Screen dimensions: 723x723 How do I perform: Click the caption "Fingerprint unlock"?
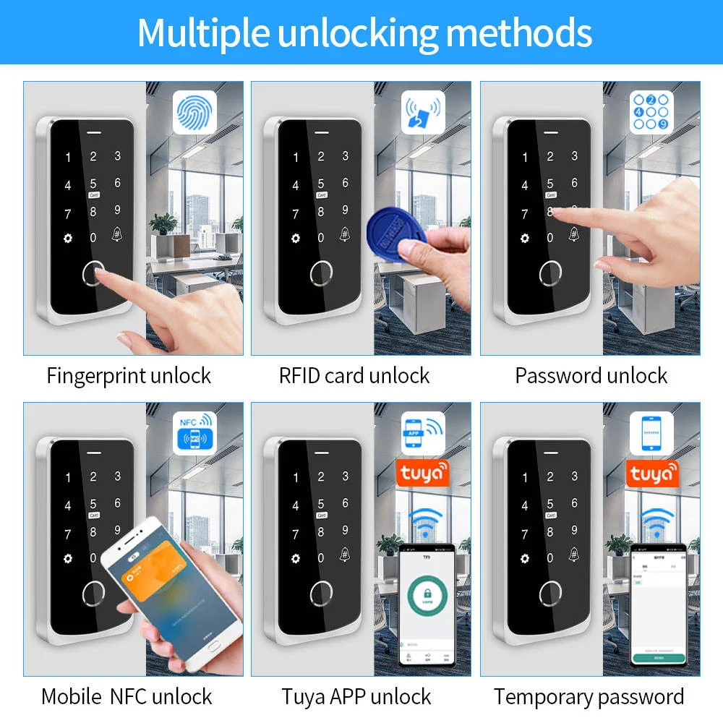pyautogui.click(x=129, y=376)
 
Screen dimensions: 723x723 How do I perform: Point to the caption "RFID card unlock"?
pyautogui.click(x=354, y=376)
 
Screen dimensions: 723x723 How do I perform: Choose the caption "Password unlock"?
pyautogui.click(x=591, y=376)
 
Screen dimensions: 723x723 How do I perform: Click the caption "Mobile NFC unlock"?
pyautogui.click(x=127, y=696)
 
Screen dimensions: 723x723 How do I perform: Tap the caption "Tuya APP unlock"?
pyautogui.click(x=356, y=696)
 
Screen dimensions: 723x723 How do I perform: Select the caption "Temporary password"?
pyautogui.click(x=589, y=696)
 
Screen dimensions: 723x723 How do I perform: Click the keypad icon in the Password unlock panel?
pyautogui.click(x=651, y=113)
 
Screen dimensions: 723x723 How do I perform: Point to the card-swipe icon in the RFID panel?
pyautogui.click(x=423, y=113)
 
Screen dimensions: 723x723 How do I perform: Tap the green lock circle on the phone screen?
pyautogui.click(x=427, y=596)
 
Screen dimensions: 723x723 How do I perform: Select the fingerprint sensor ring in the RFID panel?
pyautogui.click(x=321, y=273)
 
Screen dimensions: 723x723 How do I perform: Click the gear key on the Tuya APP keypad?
pyautogui.click(x=295, y=558)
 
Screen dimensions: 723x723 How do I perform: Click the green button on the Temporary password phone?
pyautogui.click(x=657, y=659)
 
